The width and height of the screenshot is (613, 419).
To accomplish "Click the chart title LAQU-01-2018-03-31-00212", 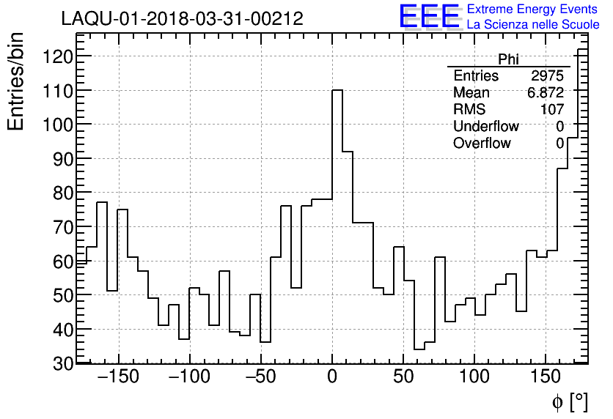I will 182,19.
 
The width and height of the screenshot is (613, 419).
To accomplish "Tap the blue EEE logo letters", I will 429,16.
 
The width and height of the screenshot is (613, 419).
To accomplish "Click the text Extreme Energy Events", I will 532,10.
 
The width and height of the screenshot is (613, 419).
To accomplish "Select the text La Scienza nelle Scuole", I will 532,25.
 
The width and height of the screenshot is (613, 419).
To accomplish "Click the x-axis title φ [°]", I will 570,402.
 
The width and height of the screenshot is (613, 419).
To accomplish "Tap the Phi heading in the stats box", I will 508,59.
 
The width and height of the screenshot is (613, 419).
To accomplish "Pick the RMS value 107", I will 552,110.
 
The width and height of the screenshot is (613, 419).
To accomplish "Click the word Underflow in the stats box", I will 485,127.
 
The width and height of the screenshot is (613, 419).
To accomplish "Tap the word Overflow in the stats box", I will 482,144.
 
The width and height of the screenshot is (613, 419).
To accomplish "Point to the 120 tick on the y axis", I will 57,56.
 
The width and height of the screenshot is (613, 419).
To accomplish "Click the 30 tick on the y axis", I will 62,363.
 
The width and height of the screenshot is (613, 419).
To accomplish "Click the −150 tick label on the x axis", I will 117,378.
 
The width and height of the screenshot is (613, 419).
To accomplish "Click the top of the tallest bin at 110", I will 337,90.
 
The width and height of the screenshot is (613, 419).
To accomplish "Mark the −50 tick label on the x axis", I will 259,378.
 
